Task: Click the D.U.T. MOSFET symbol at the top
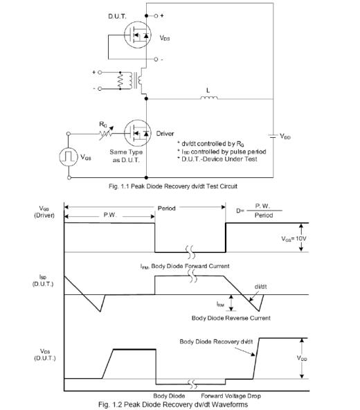pyautogui.click(x=138, y=35)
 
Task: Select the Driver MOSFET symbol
pyautogui.click(x=138, y=134)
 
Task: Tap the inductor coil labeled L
pyautogui.click(x=209, y=98)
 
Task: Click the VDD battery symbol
pyautogui.click(x=272, y=136)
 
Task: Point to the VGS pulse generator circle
pyautogui.click(x=69, y=157)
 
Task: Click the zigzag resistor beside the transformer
pyautogui.click(x=120, y=80)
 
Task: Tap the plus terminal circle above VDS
pyautogui.click(x=156, y=16)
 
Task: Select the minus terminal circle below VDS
pyautogui.click(x=156, y=60)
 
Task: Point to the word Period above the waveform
pyautogui.click(x=167, y=208)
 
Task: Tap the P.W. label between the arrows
pyautogui.click(x=110, y=215)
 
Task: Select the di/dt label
pyautogui.click(x=260, y=287)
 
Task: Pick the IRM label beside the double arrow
pyautogui.click(x=220, y=304)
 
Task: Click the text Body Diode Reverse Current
pyautogui.click(x=231, y=318)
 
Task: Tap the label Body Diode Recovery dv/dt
pyautogui.click(x=216, y=341)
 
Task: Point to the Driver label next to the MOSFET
pyautogui.click(x=165, y=134)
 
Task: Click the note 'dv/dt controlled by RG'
pyautogui.click(x=210, y=144)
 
